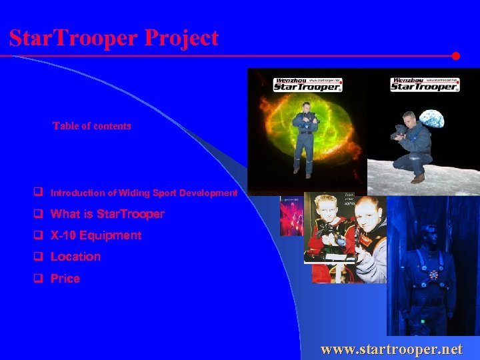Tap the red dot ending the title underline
(456, 56)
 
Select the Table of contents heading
(92, 125)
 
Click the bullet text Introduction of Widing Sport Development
(143, 193)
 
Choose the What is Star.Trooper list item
(107, 214)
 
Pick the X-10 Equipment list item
(96, 235)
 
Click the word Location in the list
(75, 257)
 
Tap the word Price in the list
(65, 279)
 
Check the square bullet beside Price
(39, 279)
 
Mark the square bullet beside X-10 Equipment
(39, 235)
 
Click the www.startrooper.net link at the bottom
(391, 349)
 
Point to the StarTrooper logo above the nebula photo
(307, 85)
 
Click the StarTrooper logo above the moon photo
(424, 84)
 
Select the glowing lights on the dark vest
(434, 273)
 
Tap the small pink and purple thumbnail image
(291, 216)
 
